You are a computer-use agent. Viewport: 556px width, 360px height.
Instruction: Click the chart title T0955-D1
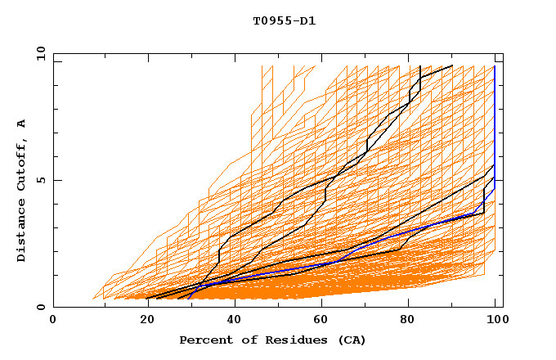pyautogui.click(x=284, y=21)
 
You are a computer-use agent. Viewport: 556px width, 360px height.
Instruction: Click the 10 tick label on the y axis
pyautogui.click(x=40, y=53)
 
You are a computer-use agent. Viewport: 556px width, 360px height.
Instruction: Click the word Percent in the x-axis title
pyautogui.click(x=202, y=340)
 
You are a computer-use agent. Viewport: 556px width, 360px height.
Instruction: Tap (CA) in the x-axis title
pyautogui.click(x=349, y=340)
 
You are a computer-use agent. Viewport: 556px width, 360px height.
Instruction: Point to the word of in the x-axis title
pyautogui.click(x=241, y=340)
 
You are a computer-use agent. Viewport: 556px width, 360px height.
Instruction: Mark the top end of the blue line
pyautogui.click(x=495, y=66)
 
